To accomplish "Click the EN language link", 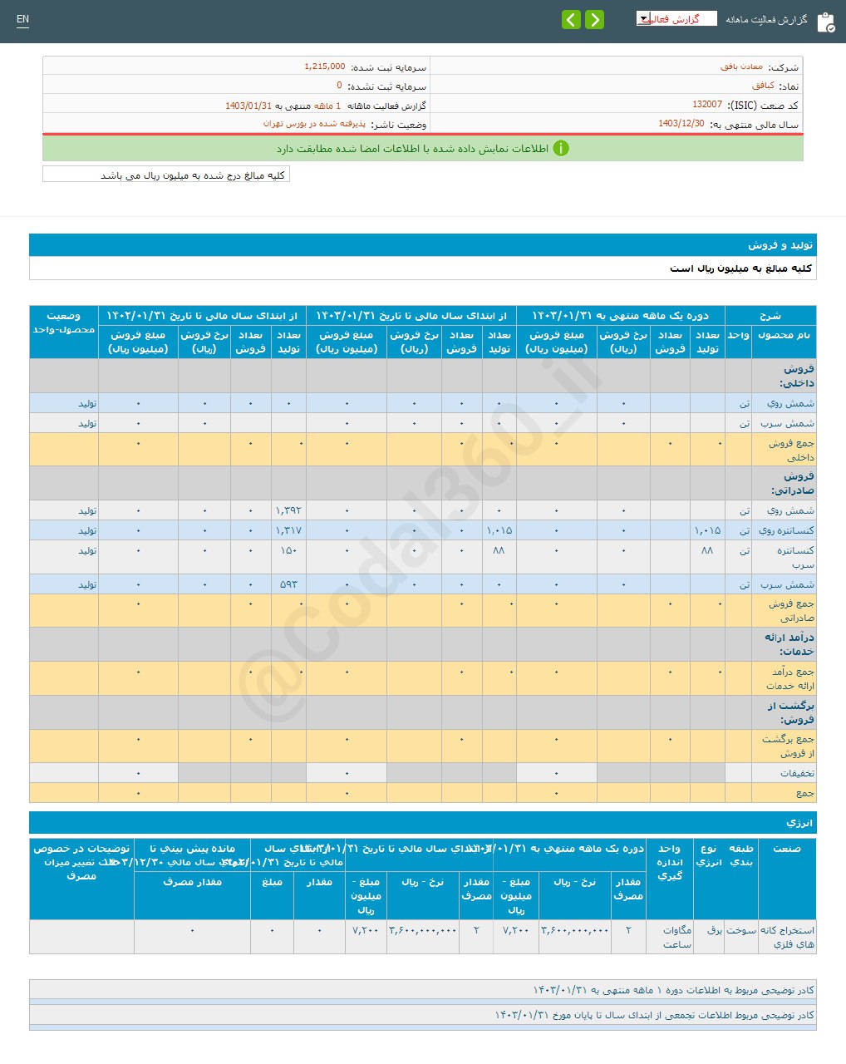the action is click(x=22, y=19).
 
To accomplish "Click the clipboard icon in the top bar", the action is click(x=825, y=22).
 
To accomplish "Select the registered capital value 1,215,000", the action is click(x=324, y=66).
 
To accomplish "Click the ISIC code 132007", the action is click(x=706, y=105).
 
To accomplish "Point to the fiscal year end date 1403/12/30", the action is click(x=681, y=124).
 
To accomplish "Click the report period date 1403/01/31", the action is click(x=248, y=106).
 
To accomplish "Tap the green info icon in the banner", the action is click(x=561, y=149).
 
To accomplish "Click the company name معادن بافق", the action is click(x=741, y=67).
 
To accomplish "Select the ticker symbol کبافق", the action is click(x=763, y=86).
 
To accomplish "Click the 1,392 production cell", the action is click(x=288, y=510).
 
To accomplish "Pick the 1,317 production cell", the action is click(x=288, y=530).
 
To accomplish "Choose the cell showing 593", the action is click(x=288, y=584).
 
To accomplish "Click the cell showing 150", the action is click(x=288, y=550).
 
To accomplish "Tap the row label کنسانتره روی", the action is click(x=790, y=530).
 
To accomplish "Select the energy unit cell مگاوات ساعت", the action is click(x=676, y=937).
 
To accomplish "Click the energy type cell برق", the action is click(x=715, y=930).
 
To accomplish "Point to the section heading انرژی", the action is click(x=799, y=823).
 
